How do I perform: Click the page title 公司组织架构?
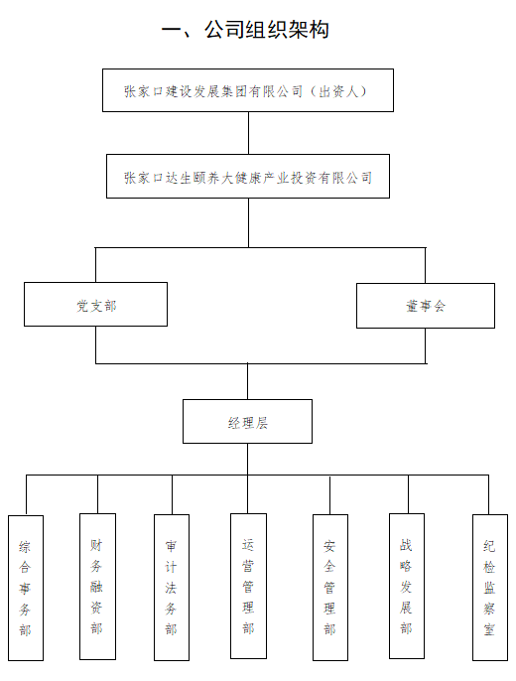click(267, 30)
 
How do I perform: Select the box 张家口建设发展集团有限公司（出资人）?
click(248, 90)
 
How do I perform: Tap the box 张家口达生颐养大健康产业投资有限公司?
click(248, 177)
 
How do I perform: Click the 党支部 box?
click(95, 305)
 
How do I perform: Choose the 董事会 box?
click(426, 306)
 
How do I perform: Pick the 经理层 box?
click(247, 421)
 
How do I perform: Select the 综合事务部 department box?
click(26, 588)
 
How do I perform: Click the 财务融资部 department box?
click(97, 587)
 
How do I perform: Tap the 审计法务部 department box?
click(172, 588)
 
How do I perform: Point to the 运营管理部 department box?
click(248, 586)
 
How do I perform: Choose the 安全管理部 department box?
click(329, 588)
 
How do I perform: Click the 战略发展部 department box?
click(407, 586)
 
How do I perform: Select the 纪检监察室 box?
click(490, 588)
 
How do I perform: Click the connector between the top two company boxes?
click(249, 133)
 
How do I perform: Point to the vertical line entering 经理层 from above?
click(248, 381)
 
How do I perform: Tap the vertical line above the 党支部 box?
click(95, 265)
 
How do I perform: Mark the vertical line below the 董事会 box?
click(426, 345)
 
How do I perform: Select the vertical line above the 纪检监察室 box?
click(488, 494)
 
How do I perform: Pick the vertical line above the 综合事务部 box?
click(27, 495)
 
